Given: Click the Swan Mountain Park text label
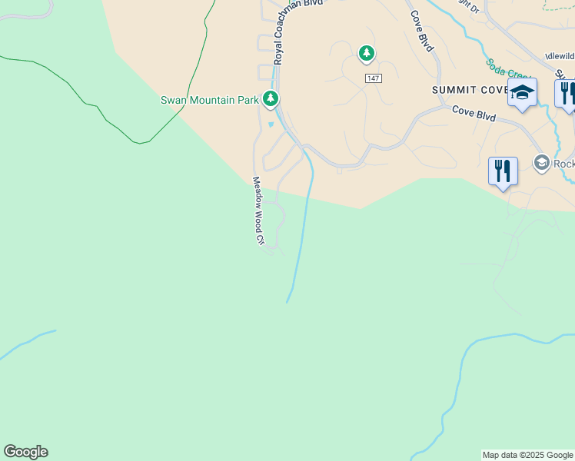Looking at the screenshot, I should click(x=209, y=100).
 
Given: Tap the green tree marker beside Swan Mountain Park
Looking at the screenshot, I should click(x=270, y=98).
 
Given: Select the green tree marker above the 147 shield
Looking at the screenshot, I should click(x=367, y=53).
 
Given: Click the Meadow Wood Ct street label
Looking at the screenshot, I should click(x=259, y=211).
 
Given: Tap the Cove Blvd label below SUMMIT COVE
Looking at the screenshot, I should click(x=474, y=114).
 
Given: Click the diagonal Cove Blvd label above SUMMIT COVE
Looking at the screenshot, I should click(x=422, y=31).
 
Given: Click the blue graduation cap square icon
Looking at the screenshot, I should click(x=522, y=93).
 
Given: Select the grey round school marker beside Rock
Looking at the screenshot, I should click(x=542, y=162).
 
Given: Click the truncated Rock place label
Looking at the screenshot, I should click(x=563, y=164).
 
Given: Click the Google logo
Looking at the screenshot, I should click(x=25, y=452).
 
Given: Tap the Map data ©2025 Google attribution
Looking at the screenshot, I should click(x=527, y=455).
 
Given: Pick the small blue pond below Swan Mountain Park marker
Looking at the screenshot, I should click(x=271, y=124).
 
